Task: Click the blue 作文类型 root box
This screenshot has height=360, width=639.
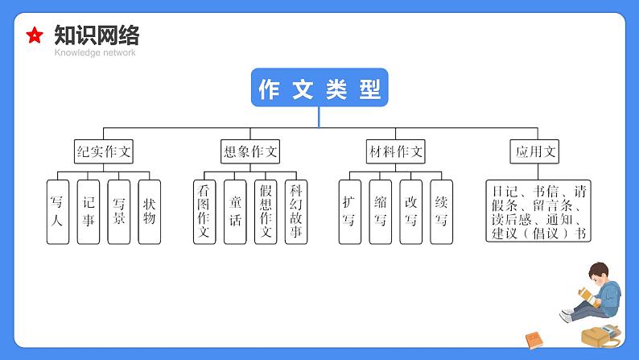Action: pos(319,89)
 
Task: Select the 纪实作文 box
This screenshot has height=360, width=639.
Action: pos(103,151)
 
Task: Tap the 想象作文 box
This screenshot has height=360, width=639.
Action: pos(249,151)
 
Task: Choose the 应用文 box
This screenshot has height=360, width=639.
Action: pos(536,151)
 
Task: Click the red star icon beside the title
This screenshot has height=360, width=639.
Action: pos(35,35)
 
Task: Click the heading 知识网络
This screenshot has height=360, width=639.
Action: pos(97,35)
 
